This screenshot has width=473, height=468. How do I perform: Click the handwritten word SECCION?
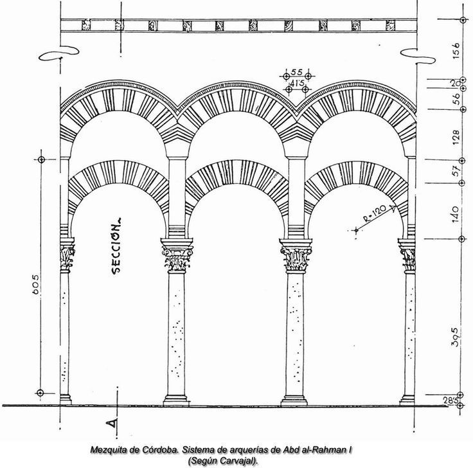coord(117,248)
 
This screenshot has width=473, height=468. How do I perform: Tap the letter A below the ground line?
coord(111,423)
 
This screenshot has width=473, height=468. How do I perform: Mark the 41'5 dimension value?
coord(296,83)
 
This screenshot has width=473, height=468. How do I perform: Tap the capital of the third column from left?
coord(297,257)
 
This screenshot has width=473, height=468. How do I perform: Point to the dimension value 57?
coord(457,172)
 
